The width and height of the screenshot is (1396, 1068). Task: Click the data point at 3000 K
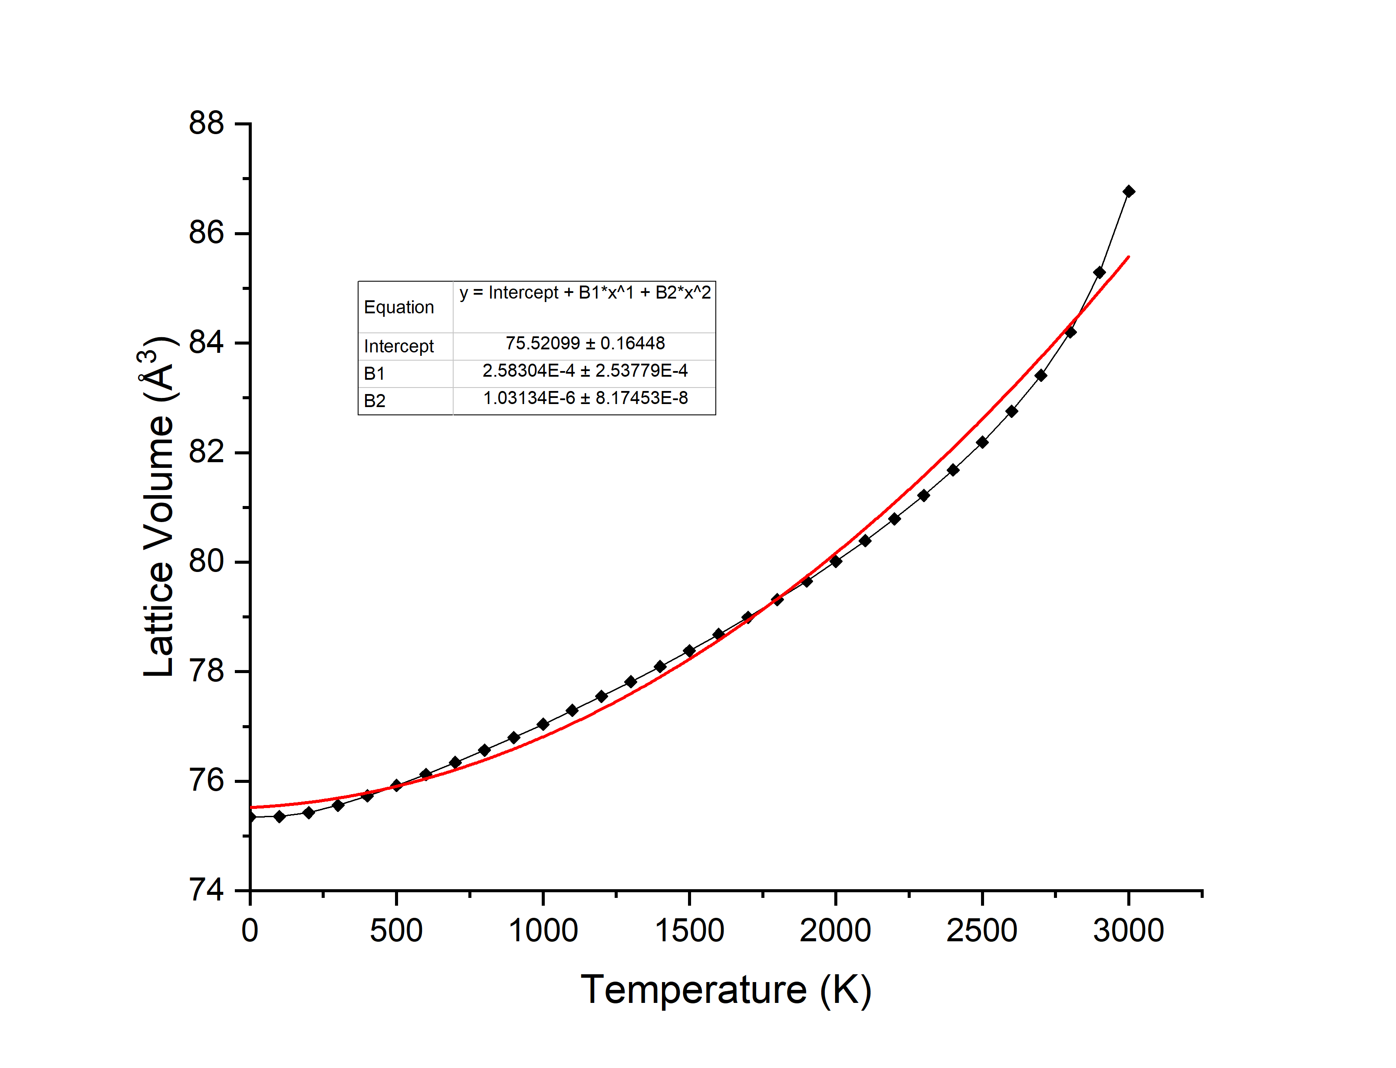(x=1128, y=191)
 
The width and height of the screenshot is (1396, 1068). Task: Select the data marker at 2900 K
(x=1099, y=273)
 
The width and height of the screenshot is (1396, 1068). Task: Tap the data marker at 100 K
(x=279, y=816)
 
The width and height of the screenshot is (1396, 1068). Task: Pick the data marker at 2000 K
(x=836, y=561)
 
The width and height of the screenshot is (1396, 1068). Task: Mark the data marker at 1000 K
(x=543, y=724)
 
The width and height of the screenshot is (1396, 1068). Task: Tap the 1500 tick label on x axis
(x=689, y=931)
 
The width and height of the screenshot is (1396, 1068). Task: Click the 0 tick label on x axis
(x=250, y=931)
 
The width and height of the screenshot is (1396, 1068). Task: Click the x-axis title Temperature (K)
(x=725, y=990)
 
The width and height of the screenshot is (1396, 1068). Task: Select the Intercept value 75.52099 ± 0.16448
(x=585, y=343)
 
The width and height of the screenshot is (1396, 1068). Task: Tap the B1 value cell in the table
(x=585, y=371)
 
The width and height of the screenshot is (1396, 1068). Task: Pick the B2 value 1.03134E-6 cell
(x=585, y=398)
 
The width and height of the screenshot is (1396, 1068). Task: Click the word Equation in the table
(x=398, y=307)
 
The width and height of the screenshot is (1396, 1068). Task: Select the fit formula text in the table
(x=585, y=292)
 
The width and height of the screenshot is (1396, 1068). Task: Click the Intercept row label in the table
(x=398, y=346)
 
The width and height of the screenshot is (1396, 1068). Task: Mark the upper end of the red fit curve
(x=1128, y=257)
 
